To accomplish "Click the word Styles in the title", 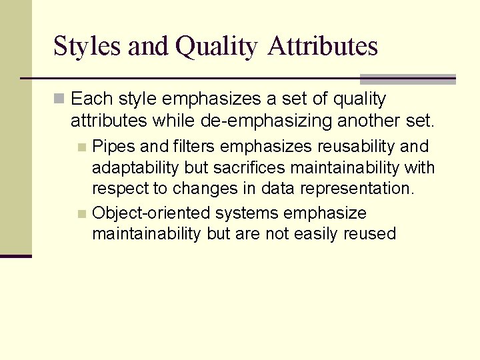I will (x=87, y=47).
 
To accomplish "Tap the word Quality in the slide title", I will (x=215, y=47).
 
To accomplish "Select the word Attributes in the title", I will (x=323, y=47).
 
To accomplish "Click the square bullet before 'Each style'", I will (x=60, y=99).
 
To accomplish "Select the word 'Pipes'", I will (x=113, y=146).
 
